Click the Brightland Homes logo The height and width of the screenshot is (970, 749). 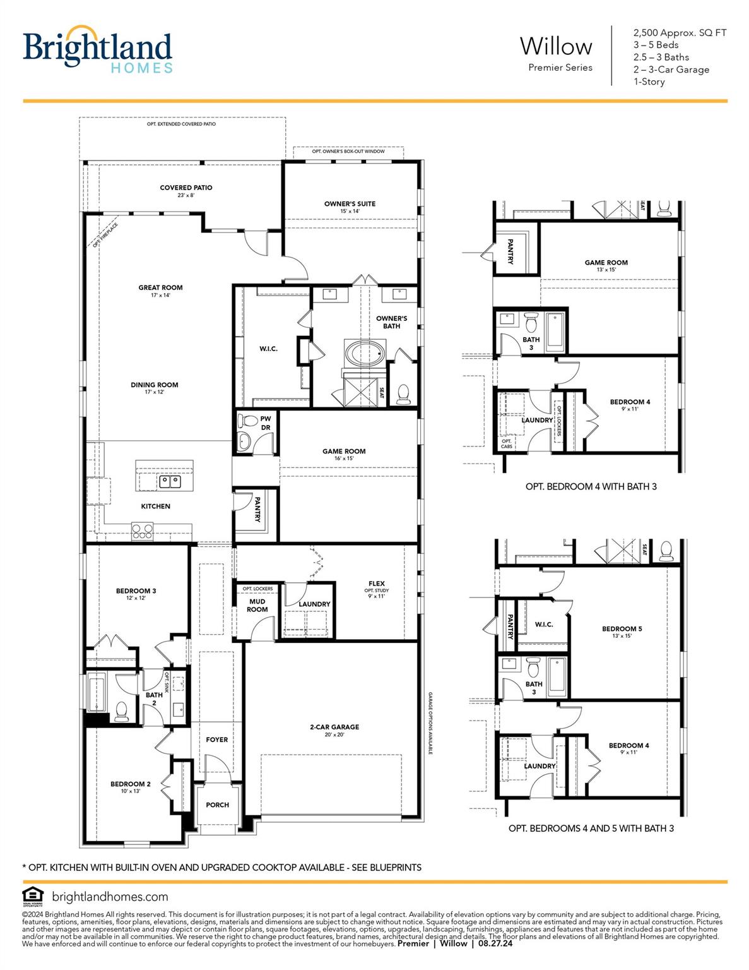[x=97, y=50]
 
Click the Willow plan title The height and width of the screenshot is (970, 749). [x=556, y=47]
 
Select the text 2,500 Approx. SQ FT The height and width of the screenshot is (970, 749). [x=680, y=33]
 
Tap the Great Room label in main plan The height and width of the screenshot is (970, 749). [x=160, y=288]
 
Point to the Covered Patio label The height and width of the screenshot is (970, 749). [x=186, y=188]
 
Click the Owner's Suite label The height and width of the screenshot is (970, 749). [x=350, y=204]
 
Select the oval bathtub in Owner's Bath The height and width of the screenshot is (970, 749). [x=363, y=354]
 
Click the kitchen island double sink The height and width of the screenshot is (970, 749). [x=170, y=482]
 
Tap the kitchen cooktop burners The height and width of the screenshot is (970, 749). [x=142, y=530]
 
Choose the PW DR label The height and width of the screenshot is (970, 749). [x=266, y=423]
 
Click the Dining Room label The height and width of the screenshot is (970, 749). [x=155, y=385]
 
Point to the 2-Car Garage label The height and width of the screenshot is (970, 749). [x=334, y=727]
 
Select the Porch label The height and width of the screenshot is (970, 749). [x=217, y=805]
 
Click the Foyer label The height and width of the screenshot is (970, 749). [x=216, y=739]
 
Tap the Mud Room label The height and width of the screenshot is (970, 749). [x=257, y=606]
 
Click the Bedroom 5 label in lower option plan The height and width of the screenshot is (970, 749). [x=622, y=629]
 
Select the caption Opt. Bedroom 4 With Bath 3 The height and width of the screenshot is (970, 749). [x=591, y=487]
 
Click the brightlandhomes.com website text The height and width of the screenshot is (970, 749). [x=110, y=897]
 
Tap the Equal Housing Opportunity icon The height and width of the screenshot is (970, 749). [x=32, y=897]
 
